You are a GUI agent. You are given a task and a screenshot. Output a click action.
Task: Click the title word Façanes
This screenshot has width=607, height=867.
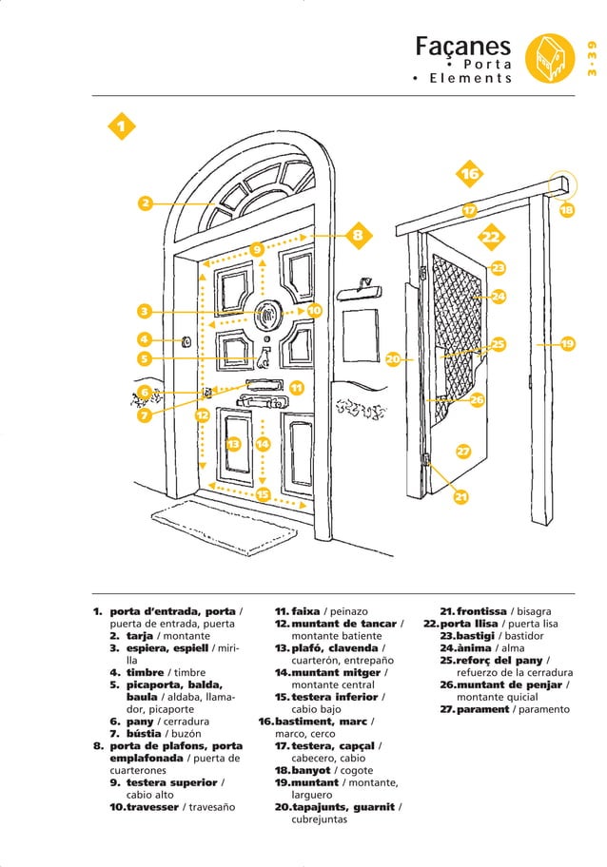tap(463, 47)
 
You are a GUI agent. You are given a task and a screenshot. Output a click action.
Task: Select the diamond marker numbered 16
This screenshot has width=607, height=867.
tap(470, 174)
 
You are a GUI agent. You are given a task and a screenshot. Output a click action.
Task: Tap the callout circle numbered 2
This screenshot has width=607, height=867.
tap(145, 202)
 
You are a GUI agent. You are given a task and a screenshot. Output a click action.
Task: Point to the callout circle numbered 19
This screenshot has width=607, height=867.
tap(568, 343)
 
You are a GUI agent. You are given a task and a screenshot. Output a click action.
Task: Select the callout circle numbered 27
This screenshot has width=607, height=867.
tap(463, 451)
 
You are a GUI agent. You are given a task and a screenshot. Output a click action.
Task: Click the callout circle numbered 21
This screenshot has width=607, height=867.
tap(460, 496)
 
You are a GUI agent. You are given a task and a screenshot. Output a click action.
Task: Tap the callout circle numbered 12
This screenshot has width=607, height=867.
tap(202, 414)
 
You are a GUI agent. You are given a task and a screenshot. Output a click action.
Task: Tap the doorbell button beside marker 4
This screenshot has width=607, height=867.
tap(186, 341)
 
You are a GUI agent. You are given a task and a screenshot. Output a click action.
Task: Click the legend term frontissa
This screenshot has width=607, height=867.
tap(481, 611)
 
